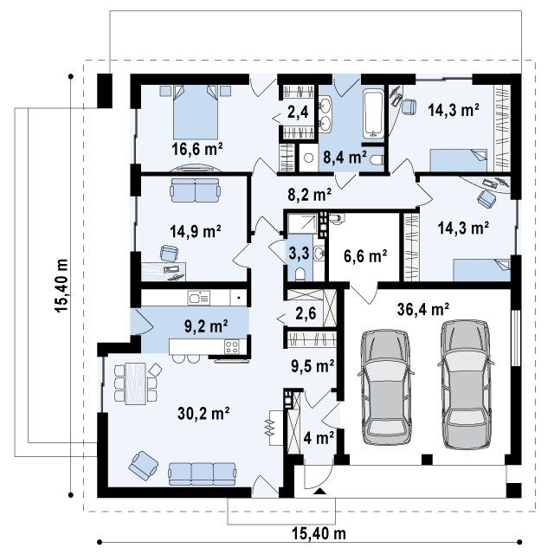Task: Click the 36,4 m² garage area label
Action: point(423,310)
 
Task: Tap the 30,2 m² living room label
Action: point(203,414)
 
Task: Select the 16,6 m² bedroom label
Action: point(197,149)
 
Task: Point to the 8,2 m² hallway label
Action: point(310,194)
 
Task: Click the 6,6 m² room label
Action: point(365,255)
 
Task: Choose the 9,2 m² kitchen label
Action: point(206,326)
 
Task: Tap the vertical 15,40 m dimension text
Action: point(61,286)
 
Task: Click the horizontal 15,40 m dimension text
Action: point(319,533)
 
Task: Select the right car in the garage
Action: point(466,384)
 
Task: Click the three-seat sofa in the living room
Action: point(202,474)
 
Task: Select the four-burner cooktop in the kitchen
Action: point(231,346)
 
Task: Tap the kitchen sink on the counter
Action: point(199,298)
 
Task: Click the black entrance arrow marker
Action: point(319,491)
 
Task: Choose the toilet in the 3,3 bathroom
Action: point(300,274)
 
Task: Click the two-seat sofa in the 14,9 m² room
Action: point(195,190)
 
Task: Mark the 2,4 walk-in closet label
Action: point(298,113)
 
